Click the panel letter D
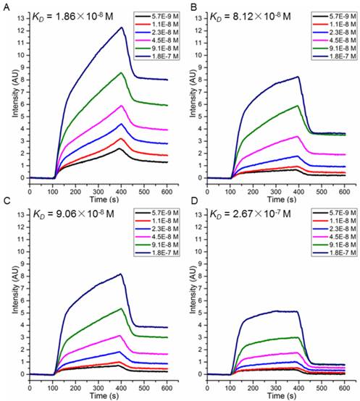pyautogui.click(x=186, y=206)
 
